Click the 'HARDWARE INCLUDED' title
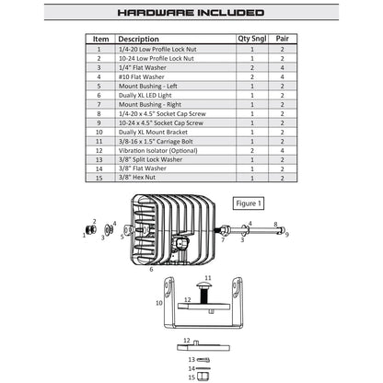(x=191, y=13)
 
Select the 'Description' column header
(x=138, y=39)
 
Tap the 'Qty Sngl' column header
(x=252, y=39)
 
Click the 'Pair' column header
(x=282, y=39)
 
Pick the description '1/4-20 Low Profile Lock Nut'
(x=157, y=49)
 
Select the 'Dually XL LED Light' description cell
(x=145, y=96)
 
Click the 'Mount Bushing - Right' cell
(x=150, y=105)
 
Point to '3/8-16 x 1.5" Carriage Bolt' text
(x=156, y=142)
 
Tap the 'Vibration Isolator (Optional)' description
(x=158, y=151)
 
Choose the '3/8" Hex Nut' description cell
(x=137, y=178)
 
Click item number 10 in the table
(x=99, y=133)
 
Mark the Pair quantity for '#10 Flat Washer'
(x=282, y=77)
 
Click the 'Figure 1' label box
(x=249, y=203)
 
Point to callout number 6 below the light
(x=151, y=269)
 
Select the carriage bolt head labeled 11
(x=203, y=285)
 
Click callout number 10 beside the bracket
(x=159, y=303)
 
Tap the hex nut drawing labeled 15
(x=203, y=377)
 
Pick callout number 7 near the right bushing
(x=223, y=239)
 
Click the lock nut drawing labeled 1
(x=91, y=229)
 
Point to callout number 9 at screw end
(x=287, y=235)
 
